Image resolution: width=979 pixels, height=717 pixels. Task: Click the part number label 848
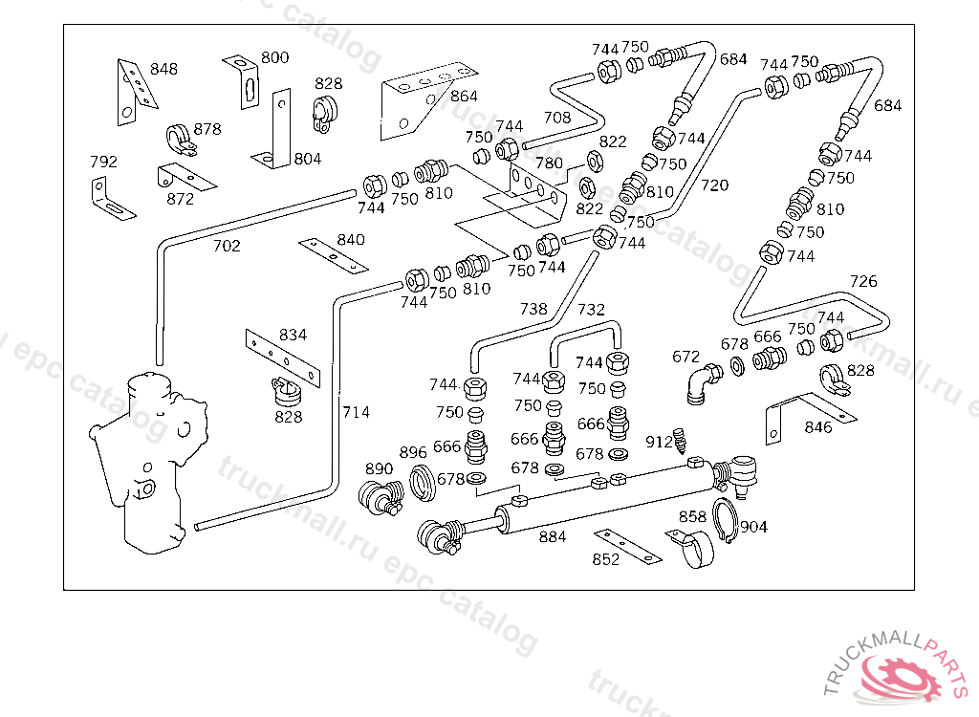pos(163,69)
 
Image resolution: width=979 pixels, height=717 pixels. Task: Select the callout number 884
pos(553,537)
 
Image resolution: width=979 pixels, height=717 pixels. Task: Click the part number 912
pos(659,442)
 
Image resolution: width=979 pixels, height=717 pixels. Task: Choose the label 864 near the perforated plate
pos(464,97)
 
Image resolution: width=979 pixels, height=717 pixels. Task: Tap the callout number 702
pos(227,246)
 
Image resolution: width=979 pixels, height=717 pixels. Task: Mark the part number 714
pos(356,412)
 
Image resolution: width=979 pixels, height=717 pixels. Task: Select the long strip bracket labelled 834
pos(282,355)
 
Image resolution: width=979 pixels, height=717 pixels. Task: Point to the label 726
pos(863,281)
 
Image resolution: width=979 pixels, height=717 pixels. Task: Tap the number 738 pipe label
pos(533,309)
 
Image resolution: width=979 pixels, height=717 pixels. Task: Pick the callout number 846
pos(818,427)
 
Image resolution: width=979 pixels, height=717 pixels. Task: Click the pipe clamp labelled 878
pos(181,141)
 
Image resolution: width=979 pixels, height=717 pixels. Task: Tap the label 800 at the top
pos(274,57)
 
